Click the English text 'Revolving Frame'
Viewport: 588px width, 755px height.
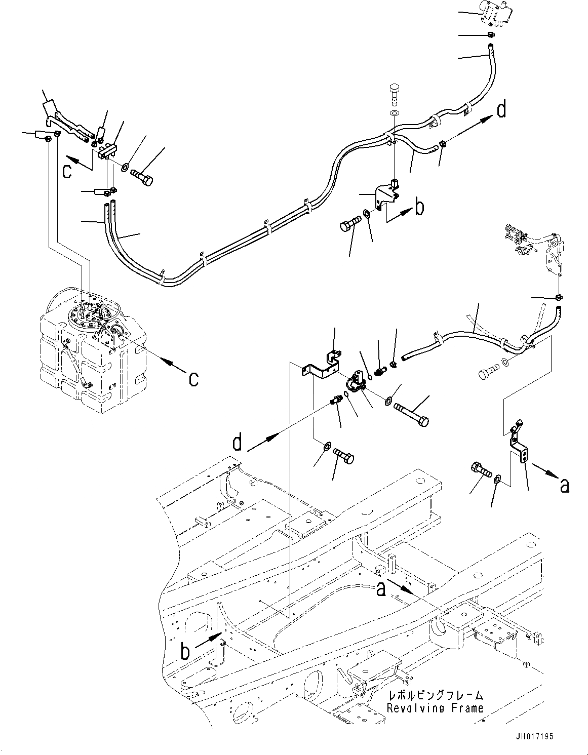pos(435,708)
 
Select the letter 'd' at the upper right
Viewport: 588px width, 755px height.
pos(501,110)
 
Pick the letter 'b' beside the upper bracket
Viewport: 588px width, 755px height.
pos(419,208)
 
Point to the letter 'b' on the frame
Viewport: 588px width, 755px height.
pos(185,651)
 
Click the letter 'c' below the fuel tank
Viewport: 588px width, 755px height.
pos(193,378)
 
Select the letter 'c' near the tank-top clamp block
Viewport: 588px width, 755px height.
pos(67,171)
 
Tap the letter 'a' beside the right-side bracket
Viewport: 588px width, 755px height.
pos(564,486)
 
